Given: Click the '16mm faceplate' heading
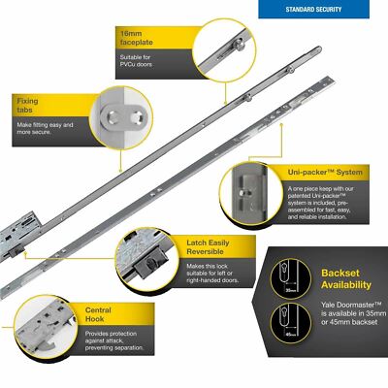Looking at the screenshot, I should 134,38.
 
